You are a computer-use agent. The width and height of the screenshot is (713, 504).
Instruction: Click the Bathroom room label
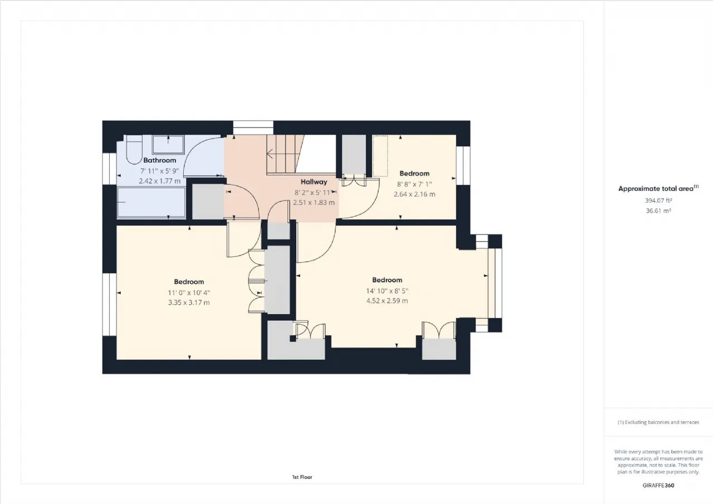pyautogui.click(x=159, y=160)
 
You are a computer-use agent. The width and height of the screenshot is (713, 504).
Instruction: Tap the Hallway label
pyautogui.click(x=314, y=182)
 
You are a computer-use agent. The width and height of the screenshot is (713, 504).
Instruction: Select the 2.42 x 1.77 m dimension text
pyautogui.click(x=159, y=181)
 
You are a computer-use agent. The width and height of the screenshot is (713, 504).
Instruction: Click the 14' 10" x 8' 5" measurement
pyautogui.click(x=387, y=291)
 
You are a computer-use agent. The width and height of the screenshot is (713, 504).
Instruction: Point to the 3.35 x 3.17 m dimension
pyautogui.click(x=189, y=302)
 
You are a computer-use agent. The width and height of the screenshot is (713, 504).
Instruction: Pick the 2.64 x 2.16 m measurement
pyautogui.click(x=414, y=194)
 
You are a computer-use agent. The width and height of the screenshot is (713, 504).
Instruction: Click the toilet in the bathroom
pyautogui.click(x=134, y=150)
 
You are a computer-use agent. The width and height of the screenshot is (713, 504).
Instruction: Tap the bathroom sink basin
pyautogui.click(x=168, y=145)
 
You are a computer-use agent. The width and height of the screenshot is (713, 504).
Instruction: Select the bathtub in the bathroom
pyautogui.click(x=151, y=202)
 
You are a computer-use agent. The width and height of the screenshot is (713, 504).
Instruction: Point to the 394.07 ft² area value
pyautogui.click(x=658, y=201)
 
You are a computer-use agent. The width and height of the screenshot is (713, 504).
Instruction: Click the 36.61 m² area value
pyautogui.click(x=658, y=211)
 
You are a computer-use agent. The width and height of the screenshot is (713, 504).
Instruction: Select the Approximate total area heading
pyautogui.click(x=658, y=188)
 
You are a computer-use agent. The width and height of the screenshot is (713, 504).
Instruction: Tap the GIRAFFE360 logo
pyautogui.click(x=658, y=486)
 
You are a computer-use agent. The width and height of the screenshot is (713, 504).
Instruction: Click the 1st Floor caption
pyautogui.click(x=302, y=477)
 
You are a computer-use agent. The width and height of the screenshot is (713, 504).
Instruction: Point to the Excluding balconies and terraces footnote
pyautogui.click(x=658, y=422)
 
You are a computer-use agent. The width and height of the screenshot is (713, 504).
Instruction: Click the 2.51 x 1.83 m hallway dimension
pyautogui.click(x=314, y=203)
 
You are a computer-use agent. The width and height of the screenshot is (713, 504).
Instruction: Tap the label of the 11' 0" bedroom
pyautogui.click(x=189, y=282)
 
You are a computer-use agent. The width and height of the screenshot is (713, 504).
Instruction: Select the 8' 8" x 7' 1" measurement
pyautogui.click(x=414, y=184)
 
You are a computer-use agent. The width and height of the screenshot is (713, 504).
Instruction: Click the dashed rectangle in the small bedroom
pyautogui.click(x=380, y=156)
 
